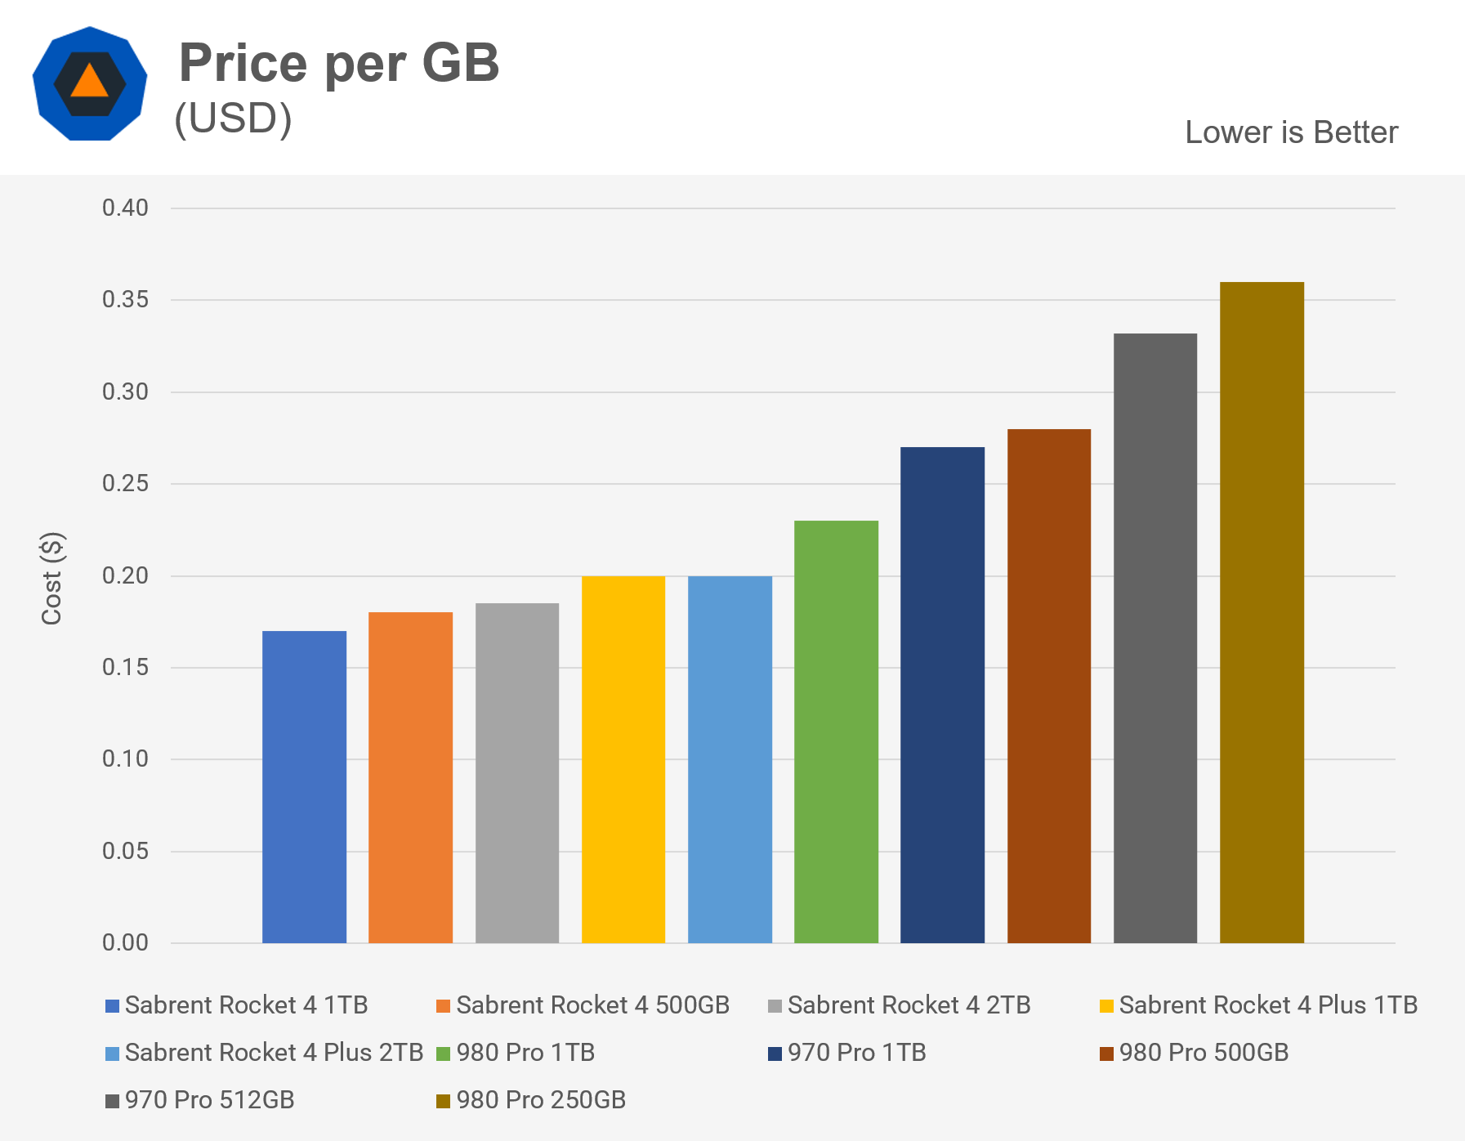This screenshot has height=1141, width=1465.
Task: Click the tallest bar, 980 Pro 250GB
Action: [x=1262, y=612]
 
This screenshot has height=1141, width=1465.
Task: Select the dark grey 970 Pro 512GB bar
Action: [x=1155, y=638]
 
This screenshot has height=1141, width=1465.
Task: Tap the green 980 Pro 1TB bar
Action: [x=836, y=732]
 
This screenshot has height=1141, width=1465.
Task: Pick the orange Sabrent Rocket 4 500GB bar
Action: [x=410, y=777]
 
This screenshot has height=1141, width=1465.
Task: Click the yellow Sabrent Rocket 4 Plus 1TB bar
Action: [x=623, y=759]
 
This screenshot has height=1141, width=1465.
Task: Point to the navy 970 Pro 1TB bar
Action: [x=942, y=695]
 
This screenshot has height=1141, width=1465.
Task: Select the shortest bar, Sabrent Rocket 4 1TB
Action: [x=304, y=786]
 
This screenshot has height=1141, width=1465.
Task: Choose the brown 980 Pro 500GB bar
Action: [x=1049, y=686]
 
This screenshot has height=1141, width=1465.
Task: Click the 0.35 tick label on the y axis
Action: [x=125, y=300]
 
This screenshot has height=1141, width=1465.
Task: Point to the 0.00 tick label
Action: [x=125, y=943]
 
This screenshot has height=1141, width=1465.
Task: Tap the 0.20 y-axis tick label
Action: [x=125, y=576]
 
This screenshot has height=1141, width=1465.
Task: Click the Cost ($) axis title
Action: [x=52, y=579]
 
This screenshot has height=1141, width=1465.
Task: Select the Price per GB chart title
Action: [x=338, y=63]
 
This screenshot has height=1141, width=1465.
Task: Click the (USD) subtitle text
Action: [x=233, y=119]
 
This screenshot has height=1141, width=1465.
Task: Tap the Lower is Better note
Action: [x=1291, y=132]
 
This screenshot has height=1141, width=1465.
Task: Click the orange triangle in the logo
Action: [x=89, y=83]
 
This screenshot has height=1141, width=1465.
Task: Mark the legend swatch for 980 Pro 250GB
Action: [x=443, y=1101]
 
